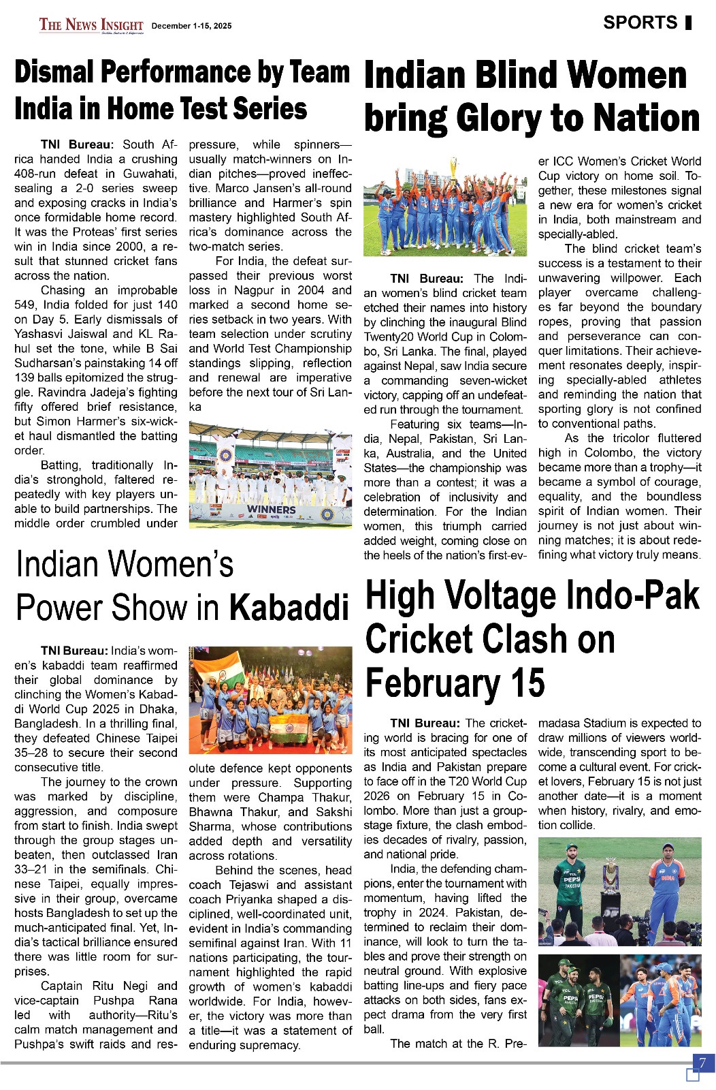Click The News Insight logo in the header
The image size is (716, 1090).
(x=91, y=26)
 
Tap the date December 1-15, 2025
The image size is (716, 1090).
(x=191, y=26)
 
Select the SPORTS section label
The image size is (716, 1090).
(x=640, y=22)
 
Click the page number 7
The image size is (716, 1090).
(x=702, y=1062)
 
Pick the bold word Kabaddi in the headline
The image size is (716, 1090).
(x=289, y=606)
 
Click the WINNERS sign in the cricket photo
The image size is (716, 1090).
(x=271, y=509)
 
